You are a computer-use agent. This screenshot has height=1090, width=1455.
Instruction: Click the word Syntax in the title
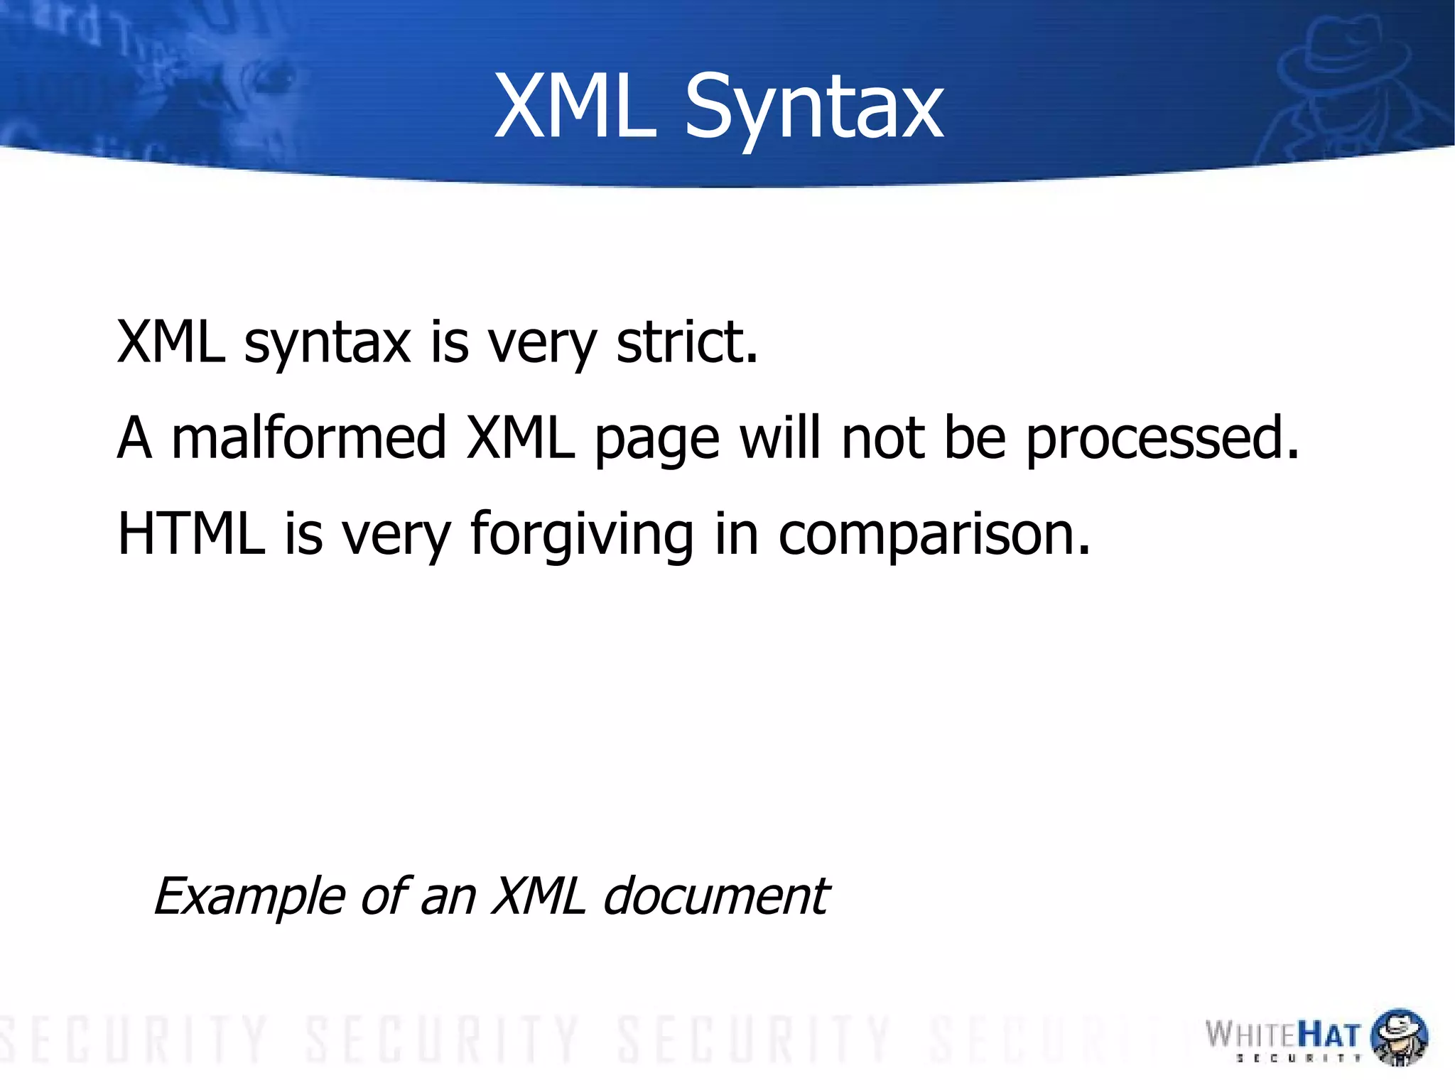(x=813, y=108)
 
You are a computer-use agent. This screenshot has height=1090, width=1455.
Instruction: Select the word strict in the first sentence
(x=686, y=343)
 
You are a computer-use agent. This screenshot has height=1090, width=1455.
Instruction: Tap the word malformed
(x=308, y=438)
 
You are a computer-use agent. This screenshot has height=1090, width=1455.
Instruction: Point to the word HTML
(x=191, y=534)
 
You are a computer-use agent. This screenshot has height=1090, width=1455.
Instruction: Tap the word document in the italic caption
(x=715, y=896)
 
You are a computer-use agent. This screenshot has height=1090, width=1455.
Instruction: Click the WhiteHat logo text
(x=1282, y=1034)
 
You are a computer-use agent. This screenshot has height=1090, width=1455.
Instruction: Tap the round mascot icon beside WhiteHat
(x=1399, y=1036)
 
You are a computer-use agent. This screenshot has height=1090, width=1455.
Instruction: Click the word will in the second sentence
(x=780, y=438)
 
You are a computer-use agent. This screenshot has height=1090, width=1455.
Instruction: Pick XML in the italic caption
(x=539, y=896)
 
